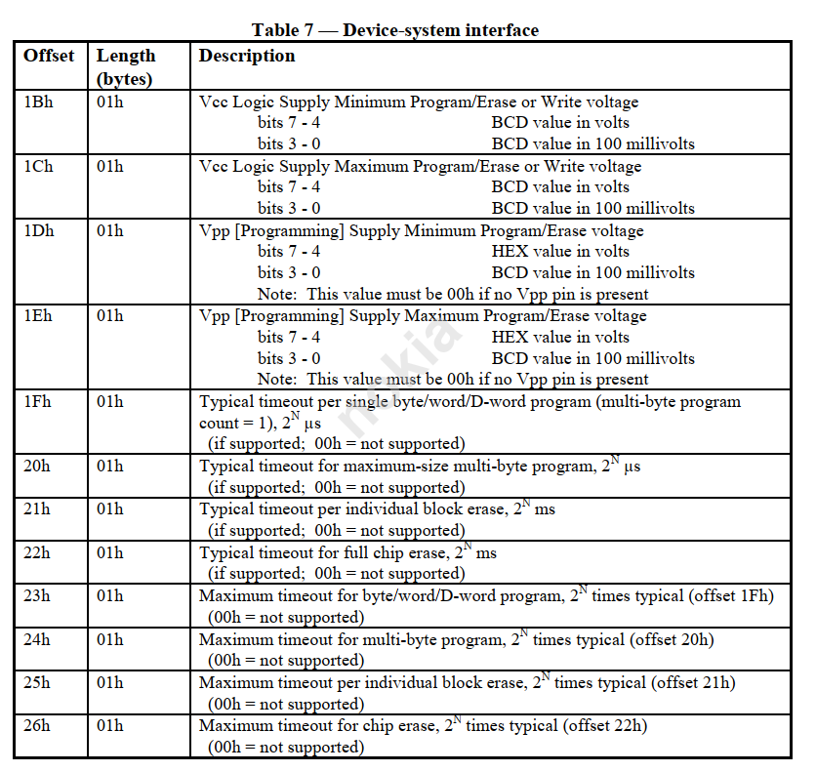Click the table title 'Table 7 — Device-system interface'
point(395,30)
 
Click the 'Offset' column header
point(49,56)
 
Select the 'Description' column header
point(247,56)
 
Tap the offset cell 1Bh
point(38,102)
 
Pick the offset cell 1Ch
point(38,166)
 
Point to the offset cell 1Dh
point(39,231)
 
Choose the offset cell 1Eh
point(38,316)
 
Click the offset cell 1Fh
point(38,401)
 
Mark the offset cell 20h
point(37,467)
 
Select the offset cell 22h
point(37,552)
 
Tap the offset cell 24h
point(37,639)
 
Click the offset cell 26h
point(37,725)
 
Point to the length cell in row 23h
point(110,595)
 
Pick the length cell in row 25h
point(110,682)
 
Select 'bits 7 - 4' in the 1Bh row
point(289,123)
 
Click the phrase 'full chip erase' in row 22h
point(392,553)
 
